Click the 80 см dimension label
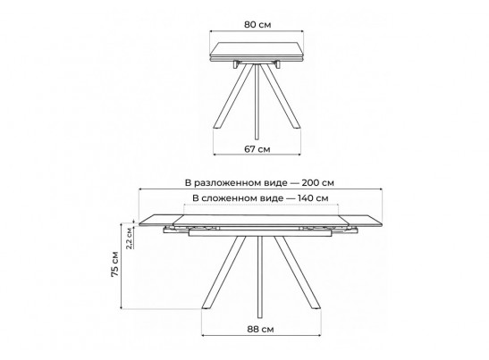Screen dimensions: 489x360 point(257,25)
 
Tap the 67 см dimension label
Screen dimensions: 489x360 point(257,149)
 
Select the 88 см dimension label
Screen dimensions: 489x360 point(261,329)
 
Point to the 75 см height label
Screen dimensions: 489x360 point(114,264)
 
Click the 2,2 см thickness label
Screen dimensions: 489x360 point(129,239)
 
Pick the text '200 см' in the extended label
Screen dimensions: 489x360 point(317,182)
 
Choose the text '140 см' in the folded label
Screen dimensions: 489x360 point(313,198)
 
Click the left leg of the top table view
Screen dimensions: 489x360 point(233,96)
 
